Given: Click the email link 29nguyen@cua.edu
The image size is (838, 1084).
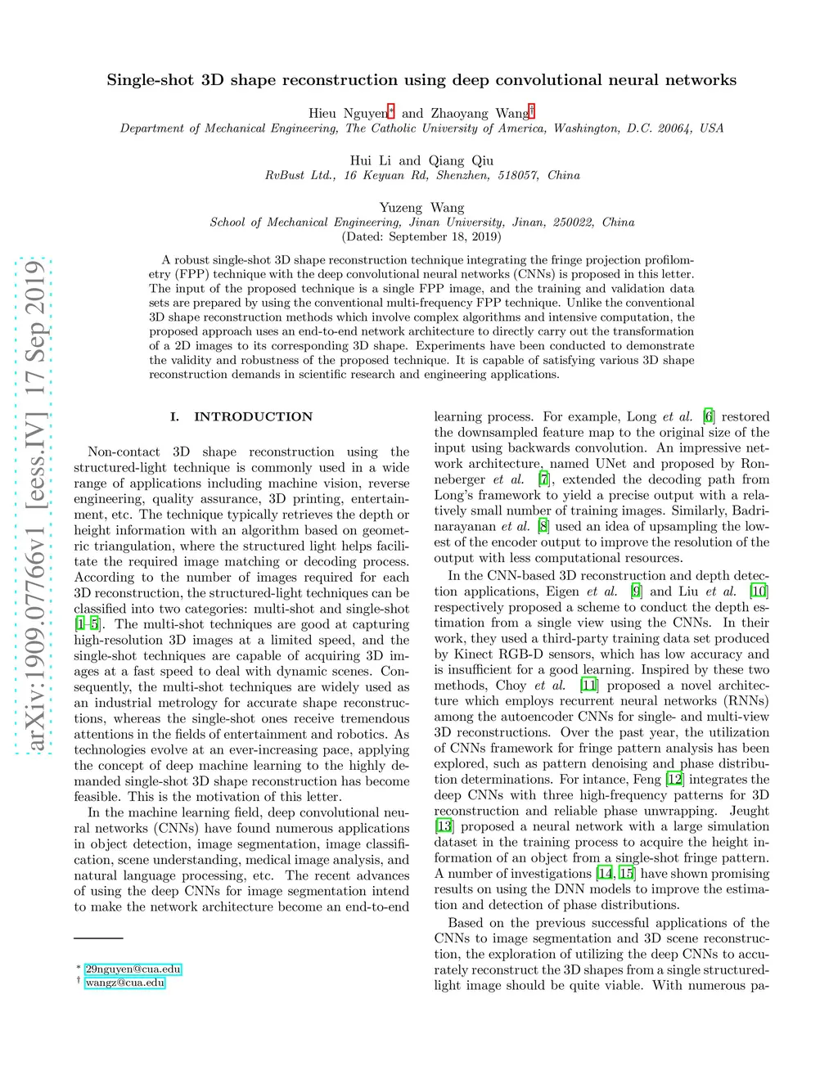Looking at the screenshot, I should click(x=133, y=969).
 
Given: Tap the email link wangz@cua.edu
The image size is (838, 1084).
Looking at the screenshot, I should click(x=124, y=983).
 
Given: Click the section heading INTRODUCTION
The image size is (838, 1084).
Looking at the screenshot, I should click(x=253, y=416).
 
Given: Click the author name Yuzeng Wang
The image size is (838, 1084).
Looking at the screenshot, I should click(x=421, y=208).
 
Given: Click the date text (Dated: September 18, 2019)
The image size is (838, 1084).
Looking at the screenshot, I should click(x=421, y=236).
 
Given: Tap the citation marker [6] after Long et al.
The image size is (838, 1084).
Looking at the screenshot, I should click(x=709, y=416).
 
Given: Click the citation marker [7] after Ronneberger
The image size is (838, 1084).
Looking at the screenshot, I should click(x=544, y=479).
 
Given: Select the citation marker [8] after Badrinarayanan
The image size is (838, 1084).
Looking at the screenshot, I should click(x=543, y=526).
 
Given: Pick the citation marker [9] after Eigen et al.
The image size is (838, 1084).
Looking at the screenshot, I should click(x=636, y=591).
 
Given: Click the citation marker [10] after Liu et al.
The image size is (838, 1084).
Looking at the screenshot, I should click(x=759, y=591).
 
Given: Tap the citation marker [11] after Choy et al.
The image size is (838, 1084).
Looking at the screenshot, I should click(x=588, y=685).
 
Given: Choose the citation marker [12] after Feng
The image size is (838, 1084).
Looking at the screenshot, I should click(x=674, y=779).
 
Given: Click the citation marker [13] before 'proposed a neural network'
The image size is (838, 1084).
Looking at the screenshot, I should click(x=444, y=826).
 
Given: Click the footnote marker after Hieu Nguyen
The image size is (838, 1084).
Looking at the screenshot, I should click(x=391, y=110).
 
